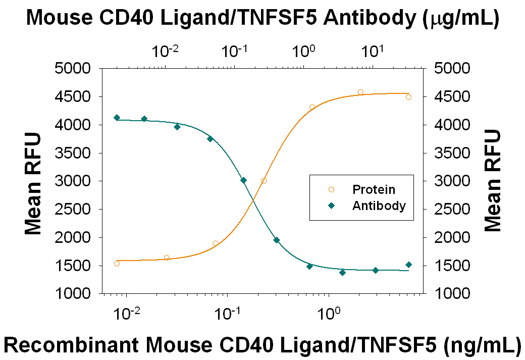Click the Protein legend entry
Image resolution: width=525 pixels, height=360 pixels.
pyautogui.click(x=374, y=190)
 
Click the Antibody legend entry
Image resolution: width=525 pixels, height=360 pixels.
pyautogui.click(x=379, y=206)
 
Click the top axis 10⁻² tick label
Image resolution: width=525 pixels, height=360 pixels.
pyautogui.click(x=165, y=51)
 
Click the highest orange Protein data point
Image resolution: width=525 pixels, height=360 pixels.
pyautogui.click(x=360, y=92)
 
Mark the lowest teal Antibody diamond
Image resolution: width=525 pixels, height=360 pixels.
pyautogui.click(x=343, y=273)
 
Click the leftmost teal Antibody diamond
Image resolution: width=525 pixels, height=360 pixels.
pyautogui.click(x=117, y=118)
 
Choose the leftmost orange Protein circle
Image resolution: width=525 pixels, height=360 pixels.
pyautogui.click(x=117, y=264)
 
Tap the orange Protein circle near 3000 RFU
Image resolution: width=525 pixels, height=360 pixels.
pyautogui.click(x=264, y=181)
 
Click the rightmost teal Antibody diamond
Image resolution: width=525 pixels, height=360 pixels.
pyautogui.click(x=408, y=265)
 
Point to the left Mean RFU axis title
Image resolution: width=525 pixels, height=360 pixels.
pyautogui.click(x=33, y=183)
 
